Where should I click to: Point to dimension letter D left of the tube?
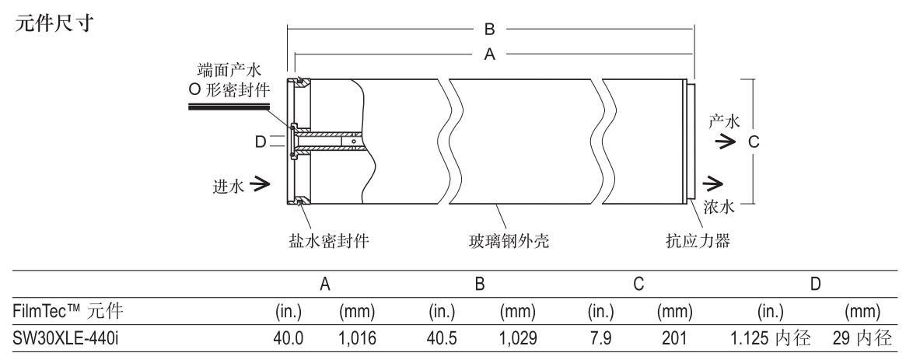pos(261,141)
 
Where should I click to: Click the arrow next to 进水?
pos(261,184)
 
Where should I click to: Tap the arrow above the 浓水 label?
pos(710,184)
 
